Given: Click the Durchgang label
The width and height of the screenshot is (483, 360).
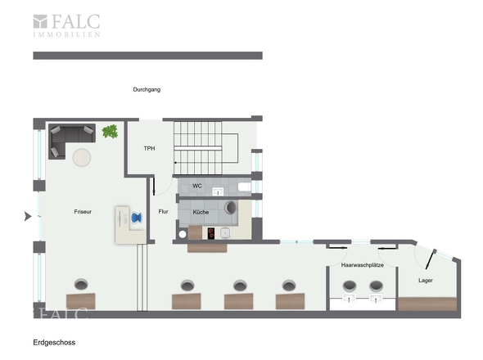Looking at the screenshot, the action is (x=147, y=90).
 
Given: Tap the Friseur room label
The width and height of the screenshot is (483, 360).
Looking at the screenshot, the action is (x=83, y=212).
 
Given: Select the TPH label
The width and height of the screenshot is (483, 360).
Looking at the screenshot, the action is (x=149, y=148).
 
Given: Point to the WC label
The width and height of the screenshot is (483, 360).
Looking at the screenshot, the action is (x=197, y=186).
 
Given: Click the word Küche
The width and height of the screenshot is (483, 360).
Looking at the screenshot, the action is (x=201, y=212).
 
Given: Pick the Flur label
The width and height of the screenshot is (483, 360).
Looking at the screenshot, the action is (x=163, y=212).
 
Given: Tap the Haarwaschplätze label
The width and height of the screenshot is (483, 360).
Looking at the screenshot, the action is (x=362, y=265).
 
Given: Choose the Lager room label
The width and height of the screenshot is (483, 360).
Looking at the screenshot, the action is (x=426, y=281).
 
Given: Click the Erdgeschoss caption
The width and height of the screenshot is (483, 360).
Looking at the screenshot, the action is (x=54, y=343).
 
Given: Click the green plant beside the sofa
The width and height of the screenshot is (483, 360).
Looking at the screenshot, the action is (x=110, y=131).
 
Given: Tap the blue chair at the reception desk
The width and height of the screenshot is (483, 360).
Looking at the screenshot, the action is (x=137, y=218).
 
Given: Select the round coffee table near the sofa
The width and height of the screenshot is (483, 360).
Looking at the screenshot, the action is (x=82, y=157).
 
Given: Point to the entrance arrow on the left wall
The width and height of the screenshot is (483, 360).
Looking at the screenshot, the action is (x=28, y=217).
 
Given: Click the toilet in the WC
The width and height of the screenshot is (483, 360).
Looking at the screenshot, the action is (x=245, y=187).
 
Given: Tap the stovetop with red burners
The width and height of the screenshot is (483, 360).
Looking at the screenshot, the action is (x=211, y=233).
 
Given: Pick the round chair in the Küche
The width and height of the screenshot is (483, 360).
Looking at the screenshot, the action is (x=230, y=208).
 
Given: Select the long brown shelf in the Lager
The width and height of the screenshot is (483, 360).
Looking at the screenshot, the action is (x=427, y=304).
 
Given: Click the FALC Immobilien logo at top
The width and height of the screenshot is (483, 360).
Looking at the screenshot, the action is (x=66, y=25).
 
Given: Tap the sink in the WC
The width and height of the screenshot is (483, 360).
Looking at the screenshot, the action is (x=218, y=191).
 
